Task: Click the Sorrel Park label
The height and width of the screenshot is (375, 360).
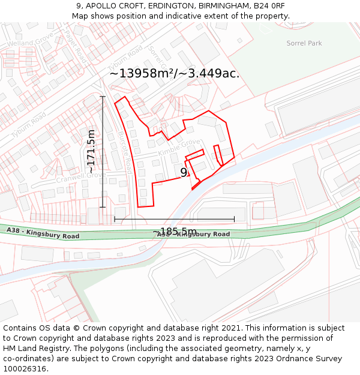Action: pos(304,43)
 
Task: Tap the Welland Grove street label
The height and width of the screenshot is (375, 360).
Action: pos(31,40)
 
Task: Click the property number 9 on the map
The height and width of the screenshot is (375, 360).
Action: pos(184,173)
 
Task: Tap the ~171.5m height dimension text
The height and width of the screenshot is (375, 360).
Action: pos(91,152)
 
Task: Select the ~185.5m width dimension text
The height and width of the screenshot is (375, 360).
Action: pos(174,232)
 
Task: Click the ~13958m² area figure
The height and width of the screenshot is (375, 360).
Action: pos(142,73)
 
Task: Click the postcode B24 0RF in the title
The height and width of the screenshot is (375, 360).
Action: pos(269,6)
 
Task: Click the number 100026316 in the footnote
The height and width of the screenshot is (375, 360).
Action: pos(26,368)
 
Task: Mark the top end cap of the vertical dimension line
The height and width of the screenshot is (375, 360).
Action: pos(103,96)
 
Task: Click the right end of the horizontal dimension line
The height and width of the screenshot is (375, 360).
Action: pos(234,220)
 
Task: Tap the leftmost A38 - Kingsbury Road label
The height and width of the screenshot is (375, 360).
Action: pos(43,233)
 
